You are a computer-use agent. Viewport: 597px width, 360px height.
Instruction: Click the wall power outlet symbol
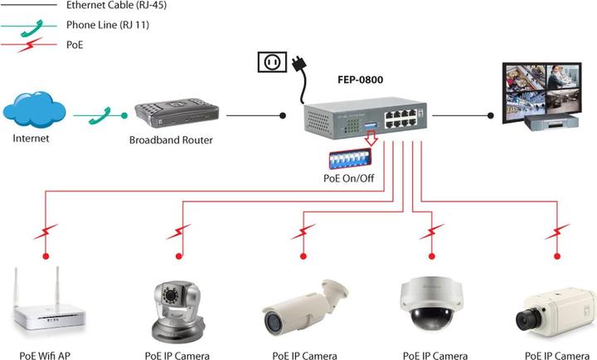tap(272, 62)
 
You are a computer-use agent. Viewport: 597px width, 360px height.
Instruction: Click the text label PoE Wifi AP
tap(40, 356)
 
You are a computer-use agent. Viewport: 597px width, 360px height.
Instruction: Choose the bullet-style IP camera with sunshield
tap(304, 307)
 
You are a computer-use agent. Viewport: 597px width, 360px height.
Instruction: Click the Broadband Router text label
tap(171, 140)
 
